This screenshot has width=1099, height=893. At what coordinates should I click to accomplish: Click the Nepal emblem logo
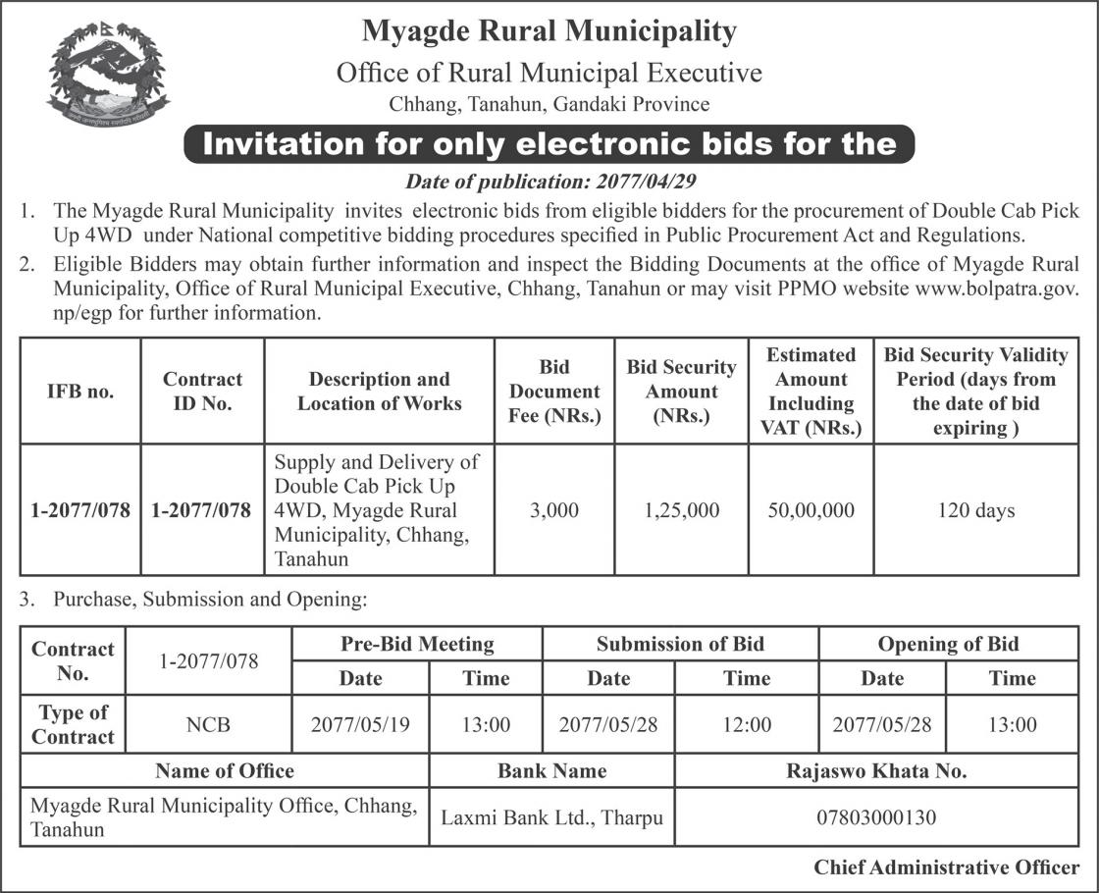(108, 73)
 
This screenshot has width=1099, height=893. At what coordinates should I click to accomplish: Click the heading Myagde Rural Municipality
(549, 31)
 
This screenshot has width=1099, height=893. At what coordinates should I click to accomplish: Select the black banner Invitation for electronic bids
(549, 144)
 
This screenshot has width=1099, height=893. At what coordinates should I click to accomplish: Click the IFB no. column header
(80, 391)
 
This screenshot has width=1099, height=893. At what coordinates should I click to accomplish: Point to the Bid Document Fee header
(554, 391)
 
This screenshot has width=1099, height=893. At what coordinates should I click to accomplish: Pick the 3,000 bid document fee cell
(554, 510)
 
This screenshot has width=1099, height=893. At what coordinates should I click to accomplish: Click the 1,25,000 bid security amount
(682, 510)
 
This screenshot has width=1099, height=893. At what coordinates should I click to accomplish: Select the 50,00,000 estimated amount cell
(811, 510)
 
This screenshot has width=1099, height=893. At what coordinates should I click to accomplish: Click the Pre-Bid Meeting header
(417, 645)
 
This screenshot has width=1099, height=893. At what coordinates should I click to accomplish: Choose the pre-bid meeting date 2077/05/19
(360, 725)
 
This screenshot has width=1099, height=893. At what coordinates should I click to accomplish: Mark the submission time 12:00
(747, 725)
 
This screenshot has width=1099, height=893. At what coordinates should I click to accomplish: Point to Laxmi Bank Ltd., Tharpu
(551, 816)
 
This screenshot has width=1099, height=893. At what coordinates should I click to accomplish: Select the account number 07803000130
(876, 816)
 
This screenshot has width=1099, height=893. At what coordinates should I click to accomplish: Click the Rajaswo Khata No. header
(876, 771)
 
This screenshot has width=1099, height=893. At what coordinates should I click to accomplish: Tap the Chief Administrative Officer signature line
(946, 867)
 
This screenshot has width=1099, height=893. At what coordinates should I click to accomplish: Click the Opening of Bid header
(948, 645)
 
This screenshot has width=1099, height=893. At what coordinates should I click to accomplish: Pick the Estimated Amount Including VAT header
(811, 391)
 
